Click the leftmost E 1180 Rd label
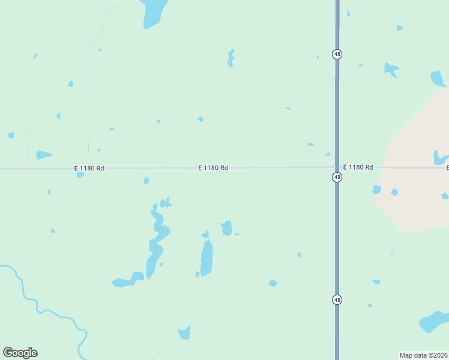pos(89,169)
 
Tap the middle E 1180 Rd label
pos(213,168)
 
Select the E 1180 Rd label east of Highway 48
pos(358,167)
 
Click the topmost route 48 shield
pos(337,54)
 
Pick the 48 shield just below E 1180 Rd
pos(337,178)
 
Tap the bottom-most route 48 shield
pos(337,299)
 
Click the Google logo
pos(20,353)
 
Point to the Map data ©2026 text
pos(423,355)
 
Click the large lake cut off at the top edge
pos(154,13)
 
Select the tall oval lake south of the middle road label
pos(206,258)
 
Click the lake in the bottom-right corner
pos(433,321)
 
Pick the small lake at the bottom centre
pos(184,332)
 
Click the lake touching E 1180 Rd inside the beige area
pos(441,158)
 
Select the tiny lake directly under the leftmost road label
pos(80,175)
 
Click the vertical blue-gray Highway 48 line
pos(337,240)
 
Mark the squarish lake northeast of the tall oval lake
pos(226,229)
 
